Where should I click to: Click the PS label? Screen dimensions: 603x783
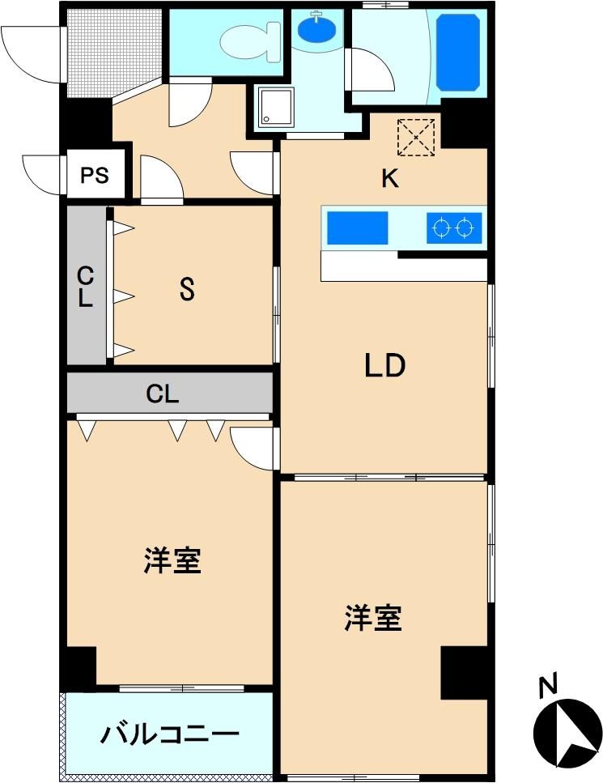[95, 175]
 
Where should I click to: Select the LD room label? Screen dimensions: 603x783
[384, 365]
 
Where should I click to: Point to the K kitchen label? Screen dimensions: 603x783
[390, 178]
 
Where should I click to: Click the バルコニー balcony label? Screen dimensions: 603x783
[170, 734]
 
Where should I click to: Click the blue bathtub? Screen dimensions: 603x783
[458, 53]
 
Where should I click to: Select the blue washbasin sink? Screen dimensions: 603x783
[316, 29]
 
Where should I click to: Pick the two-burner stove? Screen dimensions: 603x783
[454, 228]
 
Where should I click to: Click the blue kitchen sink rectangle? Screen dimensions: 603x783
[358, 228]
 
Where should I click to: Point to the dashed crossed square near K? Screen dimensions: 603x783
[416, 138]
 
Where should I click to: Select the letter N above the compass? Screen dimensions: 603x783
[548, 685]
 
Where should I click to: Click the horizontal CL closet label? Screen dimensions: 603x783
[162, 394]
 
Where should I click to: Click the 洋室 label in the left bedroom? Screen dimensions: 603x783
[172, 560]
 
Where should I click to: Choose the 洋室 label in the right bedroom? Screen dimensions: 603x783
[373, 618]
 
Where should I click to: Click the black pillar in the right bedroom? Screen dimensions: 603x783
[464, 673]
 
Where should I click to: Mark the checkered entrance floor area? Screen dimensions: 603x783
[114, 53]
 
